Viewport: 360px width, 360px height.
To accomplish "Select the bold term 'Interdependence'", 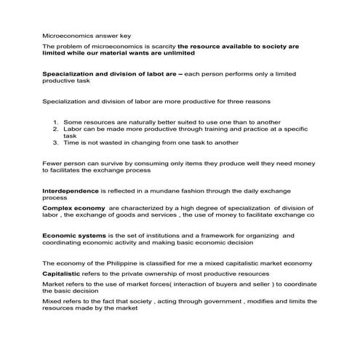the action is [x=71, y=190].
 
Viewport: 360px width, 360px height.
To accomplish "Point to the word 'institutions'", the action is [x=159, y=236].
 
